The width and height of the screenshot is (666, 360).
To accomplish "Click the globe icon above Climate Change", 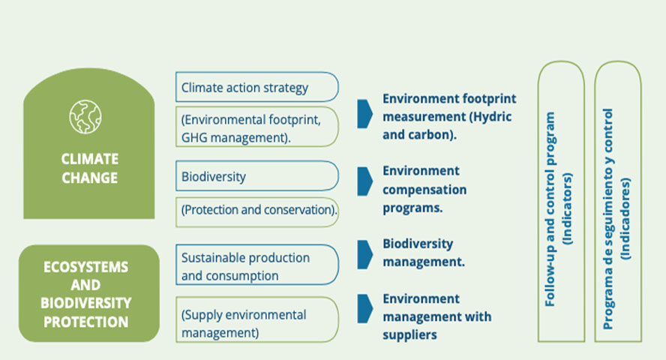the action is click(85, 117).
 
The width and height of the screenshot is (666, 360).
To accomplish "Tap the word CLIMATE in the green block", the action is click(89, 159).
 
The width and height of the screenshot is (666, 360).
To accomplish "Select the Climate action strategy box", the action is click(257, 87).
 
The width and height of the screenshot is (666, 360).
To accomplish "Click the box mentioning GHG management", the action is click(257, 127).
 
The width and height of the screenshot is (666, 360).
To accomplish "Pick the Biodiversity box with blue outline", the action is click(257, 175).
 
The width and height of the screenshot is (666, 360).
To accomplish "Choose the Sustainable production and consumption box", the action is click(257, 265).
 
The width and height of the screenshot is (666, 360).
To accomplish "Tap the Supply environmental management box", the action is click(257, 319).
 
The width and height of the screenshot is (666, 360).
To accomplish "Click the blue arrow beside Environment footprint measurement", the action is click(364, 114).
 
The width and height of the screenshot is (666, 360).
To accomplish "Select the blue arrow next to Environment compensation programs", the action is click(364, 181).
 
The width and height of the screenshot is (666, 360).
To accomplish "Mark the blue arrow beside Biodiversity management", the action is click(364, 255).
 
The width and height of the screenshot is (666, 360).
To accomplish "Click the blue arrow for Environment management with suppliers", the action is click(364, 309).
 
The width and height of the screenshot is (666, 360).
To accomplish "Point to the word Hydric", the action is click(492, 117).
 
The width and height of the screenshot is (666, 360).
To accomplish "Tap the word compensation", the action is click(424, 190).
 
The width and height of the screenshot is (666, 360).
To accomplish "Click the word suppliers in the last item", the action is click(409, 335).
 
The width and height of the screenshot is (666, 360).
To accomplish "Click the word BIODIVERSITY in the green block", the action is click(85, 303).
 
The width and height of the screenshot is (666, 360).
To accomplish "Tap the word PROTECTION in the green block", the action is click(85, 322).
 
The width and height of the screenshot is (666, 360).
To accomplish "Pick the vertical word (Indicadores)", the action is click(625, 219).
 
